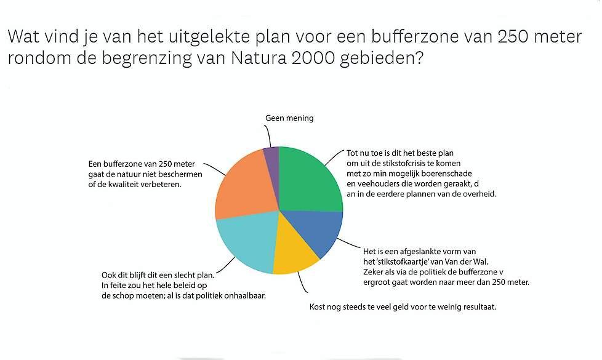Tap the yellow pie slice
click(x=294, y=249)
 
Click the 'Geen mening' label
click(x=289, y=118)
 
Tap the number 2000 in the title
click(x=313, y=58)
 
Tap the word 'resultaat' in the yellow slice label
click(x=480, y=307)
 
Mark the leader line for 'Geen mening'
click(x=269, y=136)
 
